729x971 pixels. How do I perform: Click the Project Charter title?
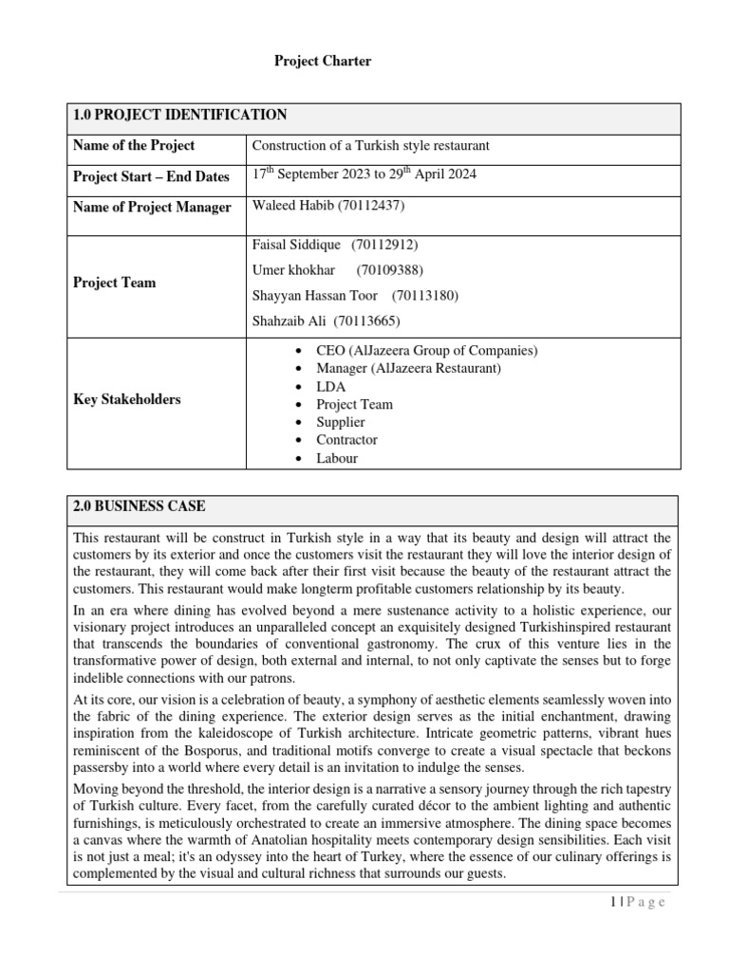click(x=323, y=62)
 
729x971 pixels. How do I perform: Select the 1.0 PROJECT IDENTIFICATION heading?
click(x=180, y=116)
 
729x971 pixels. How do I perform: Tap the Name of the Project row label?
click(x=134, y=145)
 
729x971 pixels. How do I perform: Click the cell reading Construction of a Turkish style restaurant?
click(x=370, y=145)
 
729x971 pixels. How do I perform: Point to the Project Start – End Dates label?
click(x=151, y=176)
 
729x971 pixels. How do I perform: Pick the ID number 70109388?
click(x=389, y=270)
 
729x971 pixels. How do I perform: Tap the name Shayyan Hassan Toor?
click(x=314, y=296)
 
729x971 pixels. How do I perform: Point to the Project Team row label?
click(x=114, y=283)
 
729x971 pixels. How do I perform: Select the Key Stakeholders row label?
click(x=126, y=399)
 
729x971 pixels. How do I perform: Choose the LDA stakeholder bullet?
click(x=330, y=386)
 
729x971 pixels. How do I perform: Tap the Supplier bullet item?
click(x=340, y=422)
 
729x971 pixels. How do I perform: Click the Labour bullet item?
click(x=337, y=458)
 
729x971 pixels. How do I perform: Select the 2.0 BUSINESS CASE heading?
click(x=140, y=507)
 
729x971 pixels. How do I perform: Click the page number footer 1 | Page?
click(x=635, y=903)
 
